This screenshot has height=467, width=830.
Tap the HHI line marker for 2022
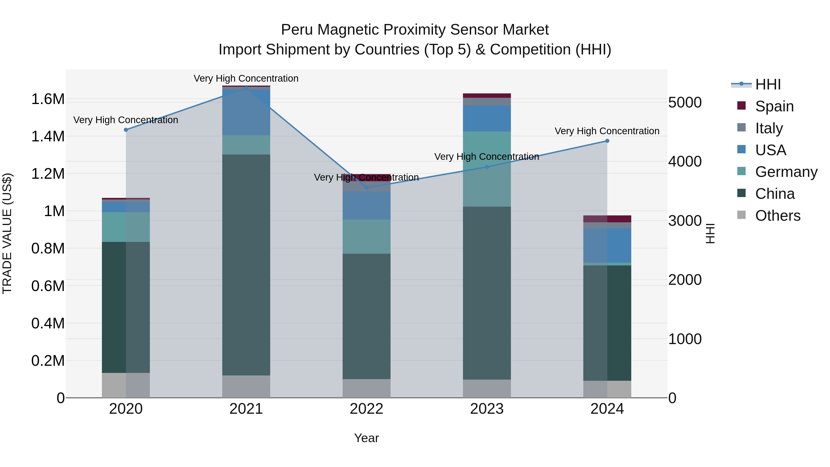click(366, 187)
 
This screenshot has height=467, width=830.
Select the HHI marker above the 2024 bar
click(607, 141)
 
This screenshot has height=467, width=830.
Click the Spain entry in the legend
click(774, 106)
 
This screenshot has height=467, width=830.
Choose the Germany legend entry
click(786, 172)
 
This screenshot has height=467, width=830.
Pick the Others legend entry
click(777, 216)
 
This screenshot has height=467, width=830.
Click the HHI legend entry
click(768, 84)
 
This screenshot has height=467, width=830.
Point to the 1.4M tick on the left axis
click(48, 136)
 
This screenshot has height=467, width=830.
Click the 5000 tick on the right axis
click(685, 102)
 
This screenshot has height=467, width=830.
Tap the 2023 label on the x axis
click(486, 409)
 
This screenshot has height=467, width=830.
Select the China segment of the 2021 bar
click(246, 264)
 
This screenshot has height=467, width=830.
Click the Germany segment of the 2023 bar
click(486, 169)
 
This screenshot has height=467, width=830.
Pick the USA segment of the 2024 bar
click(607, 245)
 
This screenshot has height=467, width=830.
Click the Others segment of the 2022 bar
click(366, 388)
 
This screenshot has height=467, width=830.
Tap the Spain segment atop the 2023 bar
click(486, 95)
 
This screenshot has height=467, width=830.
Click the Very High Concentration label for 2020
click(126, 120)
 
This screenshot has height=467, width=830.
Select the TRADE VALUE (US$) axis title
click(7, 233)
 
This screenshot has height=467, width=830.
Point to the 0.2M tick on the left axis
click(48, 361)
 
